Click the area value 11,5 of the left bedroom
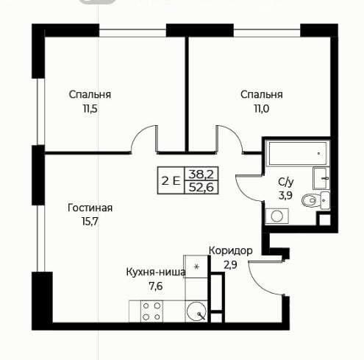click(90, 108)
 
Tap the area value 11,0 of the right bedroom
click(261, 108)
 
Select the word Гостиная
click(90, 208)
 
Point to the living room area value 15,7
click(90, 222)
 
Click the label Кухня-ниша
click(156, 272)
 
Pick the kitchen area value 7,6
click(156, 286)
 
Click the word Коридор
click(231, 251)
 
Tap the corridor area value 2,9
click(230, 265)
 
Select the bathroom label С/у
click(286, 182)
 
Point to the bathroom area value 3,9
click(285, 196)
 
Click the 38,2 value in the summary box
click(201, 174)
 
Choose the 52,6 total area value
click(201, 188)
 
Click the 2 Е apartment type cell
click(171, 181)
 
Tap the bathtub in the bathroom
click(298, 153)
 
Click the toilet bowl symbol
click(310, 200)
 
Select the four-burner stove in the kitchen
click(151, 311)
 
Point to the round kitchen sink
click(196, 311)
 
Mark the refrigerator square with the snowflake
click(196, 267)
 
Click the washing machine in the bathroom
click(277, 216)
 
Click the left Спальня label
click(90, 94)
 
